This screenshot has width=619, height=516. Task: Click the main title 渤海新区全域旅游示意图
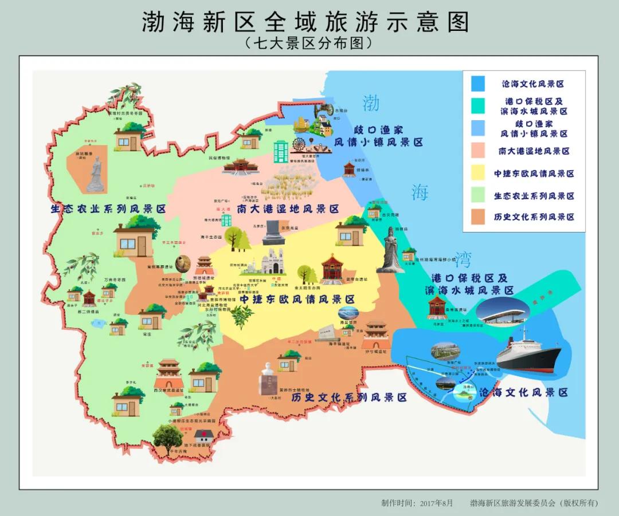pyautogui.click(x=305, y=22)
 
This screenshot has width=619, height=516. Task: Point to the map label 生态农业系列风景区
pyautogui.click(x=108, y=209)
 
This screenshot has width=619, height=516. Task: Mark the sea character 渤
pyautogui.click(x=371, y=103)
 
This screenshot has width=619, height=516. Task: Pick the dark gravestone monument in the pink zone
pyautogui.click(x=273, y=233)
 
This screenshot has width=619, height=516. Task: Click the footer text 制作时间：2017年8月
pyautogui.click(x=417, y=503)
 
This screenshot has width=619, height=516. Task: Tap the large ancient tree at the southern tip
pyautogui.click(x=169, y=438)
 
